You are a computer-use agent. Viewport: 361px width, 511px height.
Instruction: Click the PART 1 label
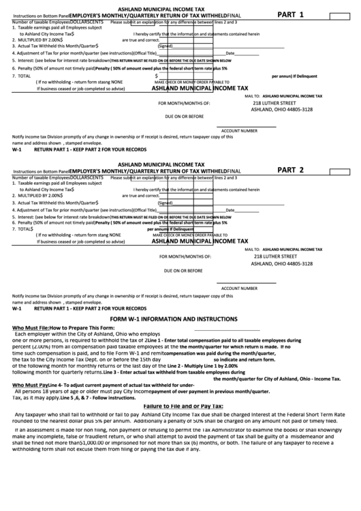coord(291,14)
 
